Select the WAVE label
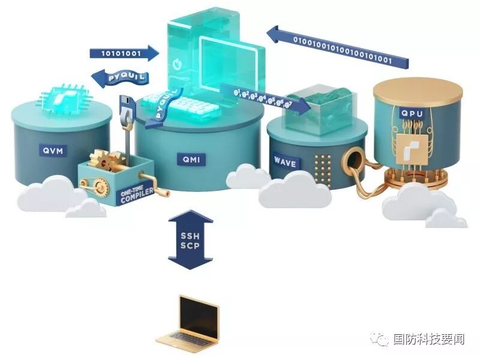[x=284, y=163]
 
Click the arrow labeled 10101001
[x=124, y=53]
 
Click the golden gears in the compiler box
[x=108, y=159]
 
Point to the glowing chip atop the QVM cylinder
[x=61, y=97]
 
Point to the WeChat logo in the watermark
[x=380, y=340]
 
